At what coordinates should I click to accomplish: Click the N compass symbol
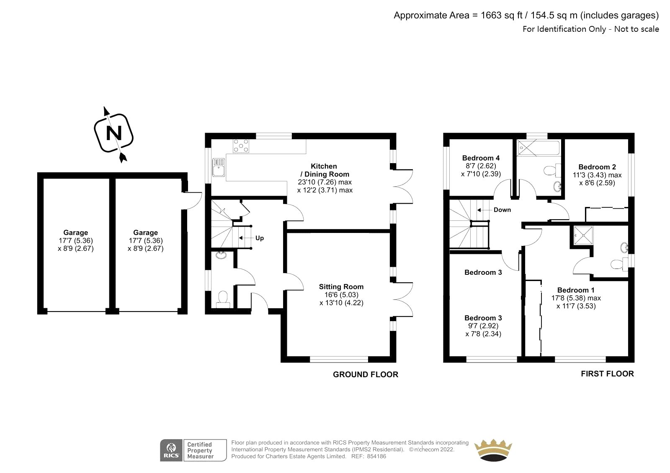point(113,133)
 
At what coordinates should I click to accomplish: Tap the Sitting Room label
point(341,286)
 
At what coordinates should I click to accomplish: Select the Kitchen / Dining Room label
point(325,170)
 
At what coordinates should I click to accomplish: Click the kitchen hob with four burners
point(241,146)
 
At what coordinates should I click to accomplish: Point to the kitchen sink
point(219,167)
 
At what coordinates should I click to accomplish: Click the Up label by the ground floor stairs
point(259,238)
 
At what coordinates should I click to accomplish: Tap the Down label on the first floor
point(502,210)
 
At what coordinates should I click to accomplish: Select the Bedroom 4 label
point(481,158)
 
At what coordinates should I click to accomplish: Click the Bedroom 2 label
point(597,167)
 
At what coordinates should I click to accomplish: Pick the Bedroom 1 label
point(576,290)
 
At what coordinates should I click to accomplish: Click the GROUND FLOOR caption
point(366,374)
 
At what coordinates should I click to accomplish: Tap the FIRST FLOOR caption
point(607,373)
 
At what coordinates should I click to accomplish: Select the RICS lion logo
point(171,450)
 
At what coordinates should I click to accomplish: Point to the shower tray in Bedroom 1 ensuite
point(584,236)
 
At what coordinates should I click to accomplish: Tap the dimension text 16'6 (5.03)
point(341,295)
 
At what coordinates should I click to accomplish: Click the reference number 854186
point(376,457)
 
